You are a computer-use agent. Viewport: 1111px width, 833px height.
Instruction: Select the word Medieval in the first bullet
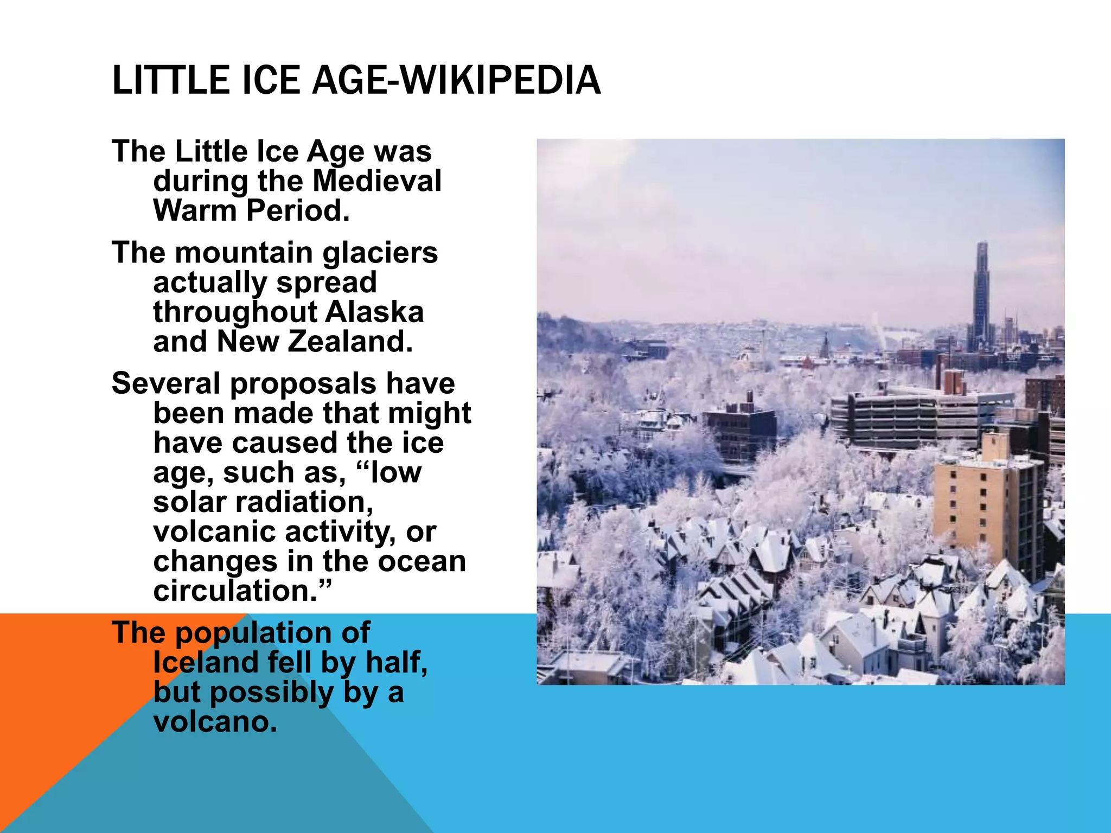click(x=377, y=181)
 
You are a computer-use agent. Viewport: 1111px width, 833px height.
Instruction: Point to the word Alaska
click(x=375, y=312)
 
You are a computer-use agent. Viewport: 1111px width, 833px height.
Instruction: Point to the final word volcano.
click(x=215, y=722)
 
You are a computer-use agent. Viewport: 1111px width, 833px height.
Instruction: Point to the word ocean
click(x=422, y=561)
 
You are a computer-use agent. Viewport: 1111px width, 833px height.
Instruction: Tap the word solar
click(x=189, y=502)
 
